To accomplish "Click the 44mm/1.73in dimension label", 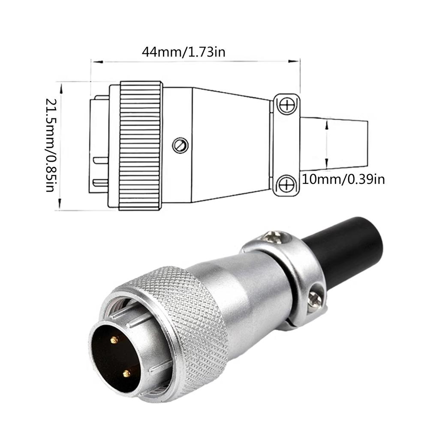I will tap(183, 52).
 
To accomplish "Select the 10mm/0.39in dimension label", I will tap(343, 179).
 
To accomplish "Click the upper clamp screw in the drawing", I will tap(286, 104).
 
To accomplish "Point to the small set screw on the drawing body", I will tap(180, 145).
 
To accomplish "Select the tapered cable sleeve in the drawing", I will tap(334, 144).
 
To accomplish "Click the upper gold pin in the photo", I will tap(114, 340).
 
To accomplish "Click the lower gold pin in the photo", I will tap(126, 373).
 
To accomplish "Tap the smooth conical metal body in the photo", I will tap(240, 292).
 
